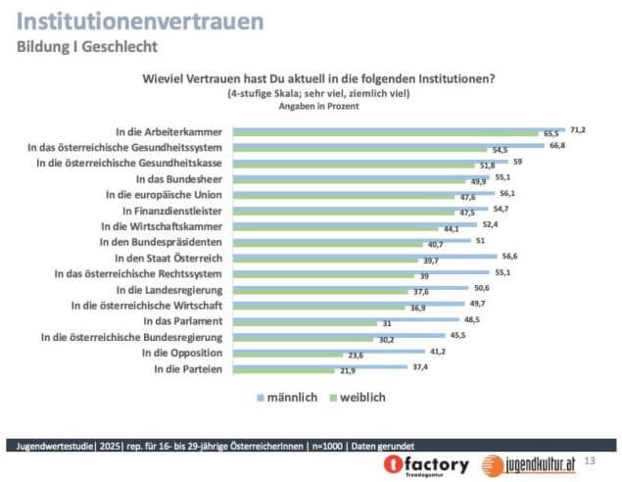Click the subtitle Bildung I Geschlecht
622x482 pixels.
[87, 46]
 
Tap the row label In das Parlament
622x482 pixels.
[183, 320]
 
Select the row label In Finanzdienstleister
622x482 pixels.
[173, 210]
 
